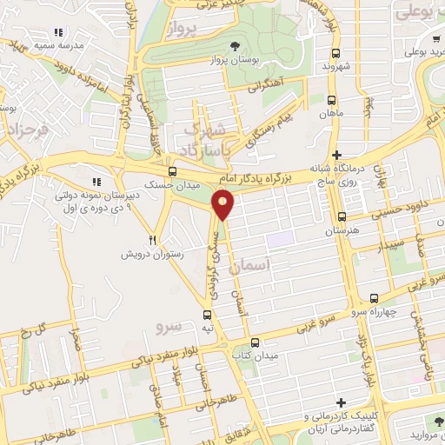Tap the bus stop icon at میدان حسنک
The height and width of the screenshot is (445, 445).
(x=172, y=171)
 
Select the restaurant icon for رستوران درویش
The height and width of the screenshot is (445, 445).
(x=153, y=239)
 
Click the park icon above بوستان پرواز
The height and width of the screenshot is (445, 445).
(x=233, y=47)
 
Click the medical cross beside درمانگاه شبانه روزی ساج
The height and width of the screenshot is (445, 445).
(x=336, y=155)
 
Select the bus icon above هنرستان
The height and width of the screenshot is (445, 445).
(x=342, y=217)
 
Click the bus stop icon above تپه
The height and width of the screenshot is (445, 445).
(x=207, y=315)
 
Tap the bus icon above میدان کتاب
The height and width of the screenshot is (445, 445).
(x=255, y=342)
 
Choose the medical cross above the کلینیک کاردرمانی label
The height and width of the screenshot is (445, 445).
(x=342, y=403)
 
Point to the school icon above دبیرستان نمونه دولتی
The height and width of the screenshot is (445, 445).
(x=97, y=182)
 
